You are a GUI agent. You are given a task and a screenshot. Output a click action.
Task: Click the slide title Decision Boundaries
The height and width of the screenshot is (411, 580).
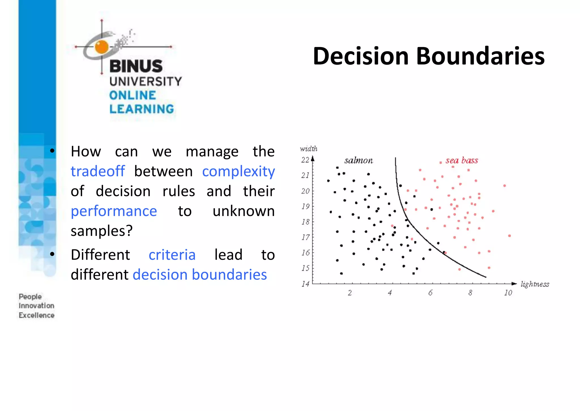tap(428, 56)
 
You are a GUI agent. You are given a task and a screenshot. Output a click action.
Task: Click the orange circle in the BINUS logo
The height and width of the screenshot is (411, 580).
tap(102, 47)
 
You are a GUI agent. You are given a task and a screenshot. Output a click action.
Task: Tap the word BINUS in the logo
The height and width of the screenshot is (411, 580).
tap(136, 66)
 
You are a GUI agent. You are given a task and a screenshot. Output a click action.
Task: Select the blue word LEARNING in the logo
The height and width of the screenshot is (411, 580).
tap(142, 109)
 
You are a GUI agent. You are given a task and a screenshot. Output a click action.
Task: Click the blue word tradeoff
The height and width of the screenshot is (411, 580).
tap(98, 171)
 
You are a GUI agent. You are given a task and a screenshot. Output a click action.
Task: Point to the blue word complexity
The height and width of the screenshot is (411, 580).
tap(238, 171)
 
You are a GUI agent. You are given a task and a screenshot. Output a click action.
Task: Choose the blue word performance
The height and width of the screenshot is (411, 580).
tap(114, 211)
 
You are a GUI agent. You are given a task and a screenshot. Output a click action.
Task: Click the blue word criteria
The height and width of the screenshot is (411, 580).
tap(172, 255)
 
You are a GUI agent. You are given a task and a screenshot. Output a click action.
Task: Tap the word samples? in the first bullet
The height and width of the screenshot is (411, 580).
tap(101, 231)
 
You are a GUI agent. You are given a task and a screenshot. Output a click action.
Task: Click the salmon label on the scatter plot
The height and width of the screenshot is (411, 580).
tap(359, 161)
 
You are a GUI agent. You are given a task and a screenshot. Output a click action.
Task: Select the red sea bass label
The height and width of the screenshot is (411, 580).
tap(462, 160)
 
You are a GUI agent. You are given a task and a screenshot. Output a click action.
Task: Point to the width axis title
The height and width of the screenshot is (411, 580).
tap(308, 149)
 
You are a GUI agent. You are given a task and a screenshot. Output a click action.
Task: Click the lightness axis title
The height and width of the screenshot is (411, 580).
tap(535, 284)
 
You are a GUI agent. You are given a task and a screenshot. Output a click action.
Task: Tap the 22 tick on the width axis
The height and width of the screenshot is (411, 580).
tap(305, 160)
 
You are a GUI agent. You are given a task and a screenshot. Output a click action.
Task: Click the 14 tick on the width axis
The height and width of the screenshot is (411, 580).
tap(305, 284)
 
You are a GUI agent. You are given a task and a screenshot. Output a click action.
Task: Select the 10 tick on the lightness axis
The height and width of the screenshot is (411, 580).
tap(508, 293)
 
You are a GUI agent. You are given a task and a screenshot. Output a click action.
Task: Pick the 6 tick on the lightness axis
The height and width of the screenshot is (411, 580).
tap(430, 293)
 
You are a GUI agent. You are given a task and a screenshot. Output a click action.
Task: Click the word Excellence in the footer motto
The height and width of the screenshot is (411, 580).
tap(37, 315)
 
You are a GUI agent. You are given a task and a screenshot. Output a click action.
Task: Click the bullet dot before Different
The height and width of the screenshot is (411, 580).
tap(52, 254)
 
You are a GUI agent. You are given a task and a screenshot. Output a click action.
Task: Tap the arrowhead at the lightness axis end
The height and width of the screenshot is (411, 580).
tap(514, 283)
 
